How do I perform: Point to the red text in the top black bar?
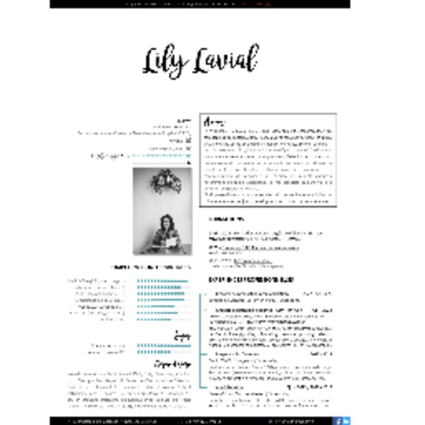click(256, 4)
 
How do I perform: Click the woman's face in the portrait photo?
click(167, 222)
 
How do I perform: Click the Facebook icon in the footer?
click(337, 420)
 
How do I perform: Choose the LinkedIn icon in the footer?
click(346, 420)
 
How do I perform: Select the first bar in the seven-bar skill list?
click(163, 281)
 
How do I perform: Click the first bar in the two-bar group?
click(164, 346)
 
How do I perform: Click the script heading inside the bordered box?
click(214, 122)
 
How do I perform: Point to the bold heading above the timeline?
click(251, 279)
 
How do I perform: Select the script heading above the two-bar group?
click(183, 336)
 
